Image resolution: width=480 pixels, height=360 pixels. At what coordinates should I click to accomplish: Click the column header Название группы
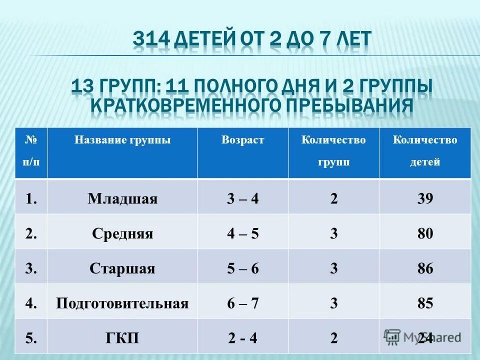point(122,140)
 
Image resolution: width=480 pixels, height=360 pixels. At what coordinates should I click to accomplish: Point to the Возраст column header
point(242,140)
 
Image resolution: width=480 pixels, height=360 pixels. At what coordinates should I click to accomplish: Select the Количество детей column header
point(425,151)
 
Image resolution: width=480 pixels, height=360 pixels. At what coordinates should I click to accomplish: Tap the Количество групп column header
point(333,151)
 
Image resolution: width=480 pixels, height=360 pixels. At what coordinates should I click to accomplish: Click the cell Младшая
point(122,199)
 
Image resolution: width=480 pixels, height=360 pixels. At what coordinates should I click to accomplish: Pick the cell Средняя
point(122,234)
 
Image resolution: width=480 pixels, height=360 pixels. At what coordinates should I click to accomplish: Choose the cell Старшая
point(122,269)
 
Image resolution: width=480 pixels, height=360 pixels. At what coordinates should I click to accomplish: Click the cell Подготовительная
point(122,303)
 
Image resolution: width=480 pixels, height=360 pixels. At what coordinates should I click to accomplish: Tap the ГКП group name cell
point(122,338)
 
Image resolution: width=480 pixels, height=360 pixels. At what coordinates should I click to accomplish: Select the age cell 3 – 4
point(242,199)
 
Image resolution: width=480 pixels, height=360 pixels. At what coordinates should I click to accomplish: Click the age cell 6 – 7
point(242,303)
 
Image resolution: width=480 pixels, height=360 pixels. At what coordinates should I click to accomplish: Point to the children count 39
point(425,199)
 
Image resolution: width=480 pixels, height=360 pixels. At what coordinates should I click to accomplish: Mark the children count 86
point(425,269)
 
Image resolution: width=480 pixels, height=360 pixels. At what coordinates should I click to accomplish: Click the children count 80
point(425,234)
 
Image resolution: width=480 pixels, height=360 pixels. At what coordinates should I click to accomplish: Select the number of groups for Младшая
point(333,199)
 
